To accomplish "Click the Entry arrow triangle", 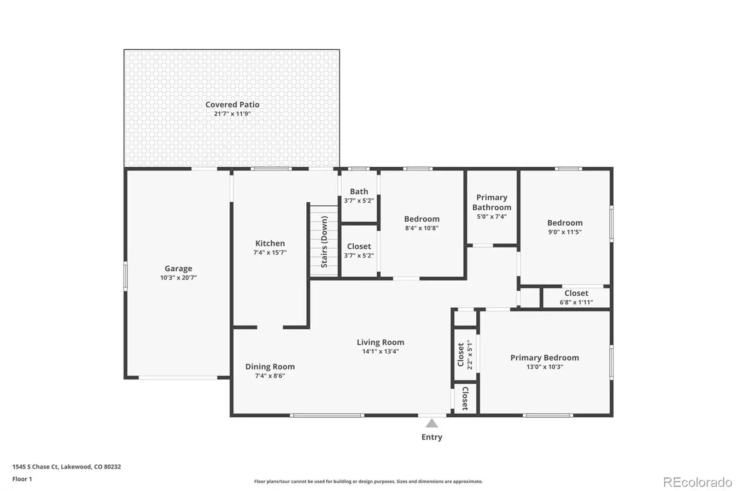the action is tap(432, 423).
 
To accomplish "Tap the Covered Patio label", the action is tap(232, 105).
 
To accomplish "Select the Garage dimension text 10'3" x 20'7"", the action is tap(178, 278).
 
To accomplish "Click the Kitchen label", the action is tap(270, 243).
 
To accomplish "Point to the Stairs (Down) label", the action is tap(324, 242).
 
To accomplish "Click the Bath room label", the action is tap(359, 192).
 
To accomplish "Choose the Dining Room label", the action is tap(270, 367).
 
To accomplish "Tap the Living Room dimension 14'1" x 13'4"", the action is tap(380, 351).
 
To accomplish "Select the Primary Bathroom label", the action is tap(492, 202).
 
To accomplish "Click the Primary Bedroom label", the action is tap(544, 358).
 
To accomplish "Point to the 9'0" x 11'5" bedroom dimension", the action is tap(565, 232).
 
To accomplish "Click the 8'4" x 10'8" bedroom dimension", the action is tap(422, 228).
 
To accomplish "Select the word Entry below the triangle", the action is tap(432, 437).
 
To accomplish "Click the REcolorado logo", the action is tap(697, 482).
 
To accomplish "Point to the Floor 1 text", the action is tap(22, 479).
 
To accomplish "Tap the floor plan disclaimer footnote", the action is tap(368, 481).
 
